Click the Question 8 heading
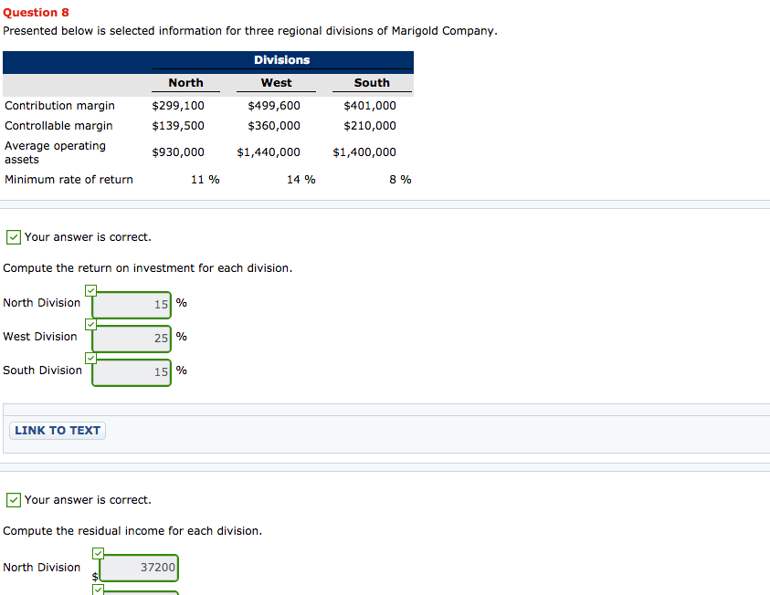(37, 13)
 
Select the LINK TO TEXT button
(58, 431)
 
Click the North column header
(185, 83)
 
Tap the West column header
(276, 83)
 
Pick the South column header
(372, 83)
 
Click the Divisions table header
(281, 60)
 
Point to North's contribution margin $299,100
(178, 106)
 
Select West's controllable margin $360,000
(274, 126)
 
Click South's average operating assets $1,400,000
(364, 152)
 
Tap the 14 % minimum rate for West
(301, 180)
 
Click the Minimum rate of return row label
(69, 180)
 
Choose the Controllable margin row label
(58, 126)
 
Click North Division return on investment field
(132, 305)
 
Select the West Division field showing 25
(132, 339)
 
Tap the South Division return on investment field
(132, 372)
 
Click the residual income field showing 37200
(139, 569)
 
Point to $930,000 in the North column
(178, 152)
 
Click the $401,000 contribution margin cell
(370, 106)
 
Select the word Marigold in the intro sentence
(415, 31)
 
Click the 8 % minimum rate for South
(400, 180)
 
